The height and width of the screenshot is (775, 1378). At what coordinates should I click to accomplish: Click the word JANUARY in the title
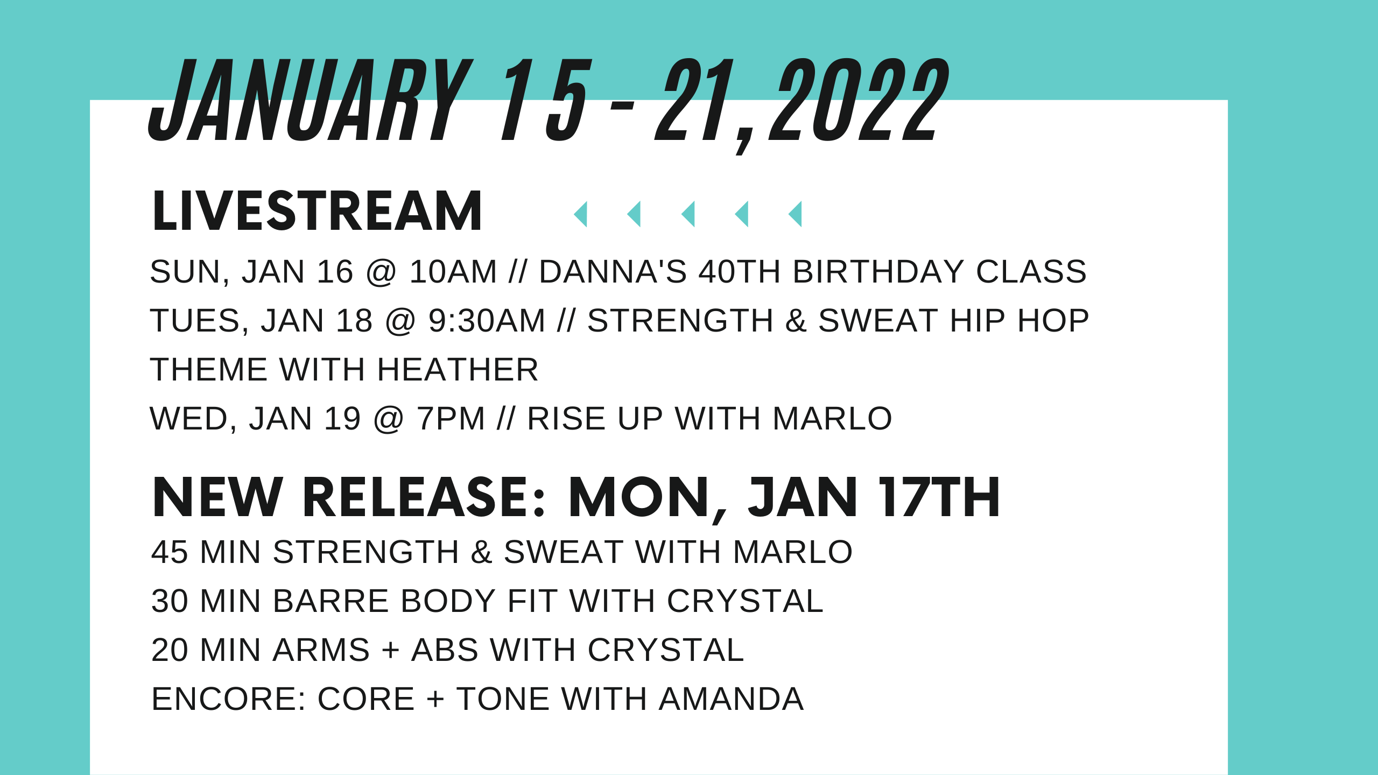pos(310,101)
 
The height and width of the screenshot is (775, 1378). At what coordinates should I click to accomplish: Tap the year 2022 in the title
pos(859,101)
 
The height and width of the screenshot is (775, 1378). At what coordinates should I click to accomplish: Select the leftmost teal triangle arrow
pos(581,214)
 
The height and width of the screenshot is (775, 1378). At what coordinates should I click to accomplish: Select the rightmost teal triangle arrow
pos(796,214)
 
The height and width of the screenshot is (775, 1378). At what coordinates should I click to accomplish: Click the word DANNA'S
pos(613,271)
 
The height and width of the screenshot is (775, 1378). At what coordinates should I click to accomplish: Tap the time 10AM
pos(453,271)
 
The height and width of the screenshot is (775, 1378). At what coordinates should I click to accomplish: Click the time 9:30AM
pos(487,321)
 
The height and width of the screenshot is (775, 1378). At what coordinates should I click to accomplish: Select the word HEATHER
pos(457,370)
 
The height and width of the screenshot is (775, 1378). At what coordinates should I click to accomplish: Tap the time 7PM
pos(451,419)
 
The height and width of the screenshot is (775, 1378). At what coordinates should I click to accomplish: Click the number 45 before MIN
pos(168,552)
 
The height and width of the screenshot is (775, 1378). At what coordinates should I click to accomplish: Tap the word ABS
pos(445,650)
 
